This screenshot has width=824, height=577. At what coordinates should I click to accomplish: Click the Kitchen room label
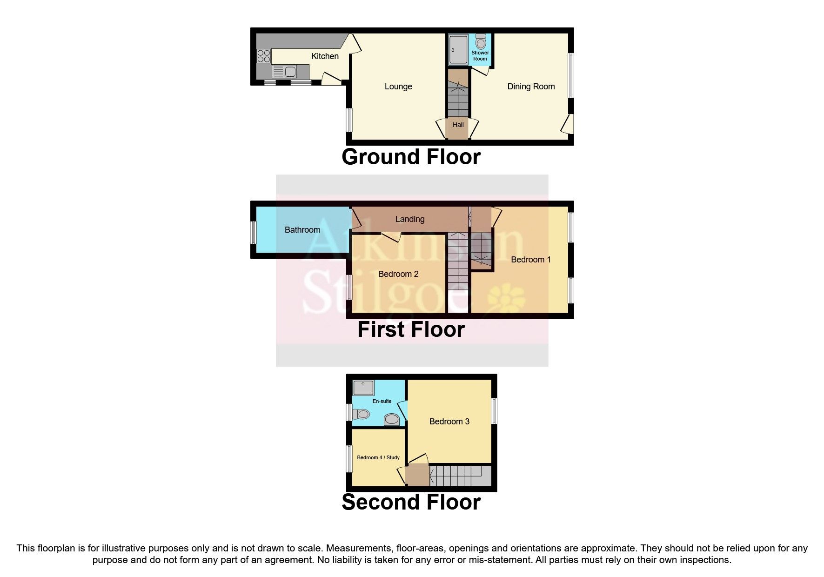coord(325,56)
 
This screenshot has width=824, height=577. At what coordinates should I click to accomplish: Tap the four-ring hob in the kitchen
coord(263,56)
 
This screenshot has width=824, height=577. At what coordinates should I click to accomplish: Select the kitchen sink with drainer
coord(284,72)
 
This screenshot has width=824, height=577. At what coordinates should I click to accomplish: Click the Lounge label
coord(398,87)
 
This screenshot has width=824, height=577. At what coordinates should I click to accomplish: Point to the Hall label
coord(458,125)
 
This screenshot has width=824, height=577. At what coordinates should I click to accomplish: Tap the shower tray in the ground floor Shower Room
coord(458,49)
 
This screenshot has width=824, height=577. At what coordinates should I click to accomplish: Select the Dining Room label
coord(531,87)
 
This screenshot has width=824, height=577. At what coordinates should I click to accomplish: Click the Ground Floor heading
coord(411,157)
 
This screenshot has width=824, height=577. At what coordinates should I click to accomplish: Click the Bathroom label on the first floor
coord(302,230)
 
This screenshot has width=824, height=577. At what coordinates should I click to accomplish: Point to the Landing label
coord(410,219)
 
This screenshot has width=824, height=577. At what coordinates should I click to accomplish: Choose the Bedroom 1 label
coord(531,260)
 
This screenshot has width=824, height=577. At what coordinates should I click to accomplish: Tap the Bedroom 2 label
coord(398,274)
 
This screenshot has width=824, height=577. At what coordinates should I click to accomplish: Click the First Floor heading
coord(411,329)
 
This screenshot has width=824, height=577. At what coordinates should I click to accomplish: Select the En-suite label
coord(382,401)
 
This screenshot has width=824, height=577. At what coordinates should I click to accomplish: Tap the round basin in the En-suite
coord(392,420)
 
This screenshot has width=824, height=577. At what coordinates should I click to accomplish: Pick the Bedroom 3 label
coord(449,422)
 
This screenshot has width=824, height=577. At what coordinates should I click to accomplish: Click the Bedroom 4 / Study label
coord(378,457)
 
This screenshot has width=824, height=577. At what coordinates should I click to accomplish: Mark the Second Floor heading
coord(411,502)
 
